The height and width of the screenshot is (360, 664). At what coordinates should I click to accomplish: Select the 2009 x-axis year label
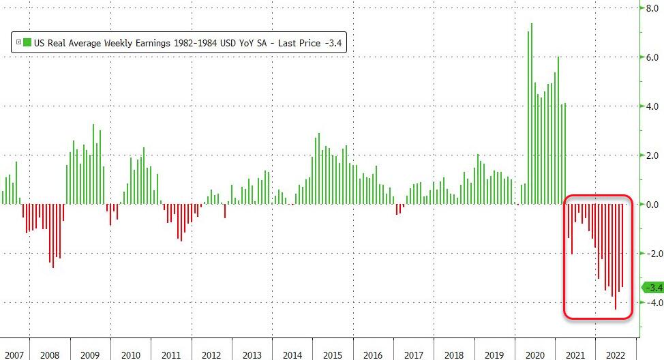point(90,355)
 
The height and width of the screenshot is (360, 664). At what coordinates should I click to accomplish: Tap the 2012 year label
point(211,355)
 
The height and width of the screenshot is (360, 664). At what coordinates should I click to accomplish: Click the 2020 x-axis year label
point(534,355)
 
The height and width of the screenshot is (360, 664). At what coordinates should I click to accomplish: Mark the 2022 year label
point(614,355)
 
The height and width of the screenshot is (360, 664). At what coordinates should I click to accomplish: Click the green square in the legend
point(27,42)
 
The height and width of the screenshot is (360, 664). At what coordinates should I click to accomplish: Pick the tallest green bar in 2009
point(93,164)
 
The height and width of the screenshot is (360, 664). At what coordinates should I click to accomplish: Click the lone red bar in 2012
point(225,211)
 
